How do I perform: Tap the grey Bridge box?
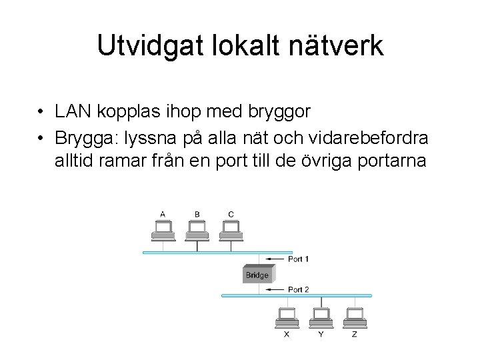point(257,275)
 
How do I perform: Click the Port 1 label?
point(298,259)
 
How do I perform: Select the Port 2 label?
point(298,289)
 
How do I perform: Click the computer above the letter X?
point(287,317)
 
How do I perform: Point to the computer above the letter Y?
point(321,317)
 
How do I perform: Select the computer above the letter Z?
point(355,317)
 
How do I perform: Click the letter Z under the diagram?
point(355,334)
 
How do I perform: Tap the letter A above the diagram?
point(163,214)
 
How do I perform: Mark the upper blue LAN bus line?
point(200,252)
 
